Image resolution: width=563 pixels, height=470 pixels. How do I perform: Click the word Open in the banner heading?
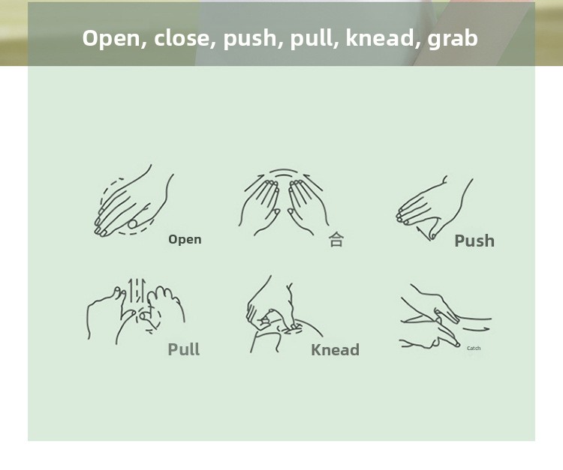tap(111, 38)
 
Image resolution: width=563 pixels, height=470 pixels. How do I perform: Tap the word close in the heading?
tap(182, 37)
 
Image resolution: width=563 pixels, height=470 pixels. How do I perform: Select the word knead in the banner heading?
tap(379, 37)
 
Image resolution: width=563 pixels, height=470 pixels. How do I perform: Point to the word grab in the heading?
tap(453, 38)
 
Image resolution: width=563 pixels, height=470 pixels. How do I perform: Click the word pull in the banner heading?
tap(311, 38)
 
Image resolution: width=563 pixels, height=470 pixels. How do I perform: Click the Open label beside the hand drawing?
tap(185, 239)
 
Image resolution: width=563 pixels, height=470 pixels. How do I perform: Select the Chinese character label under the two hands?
tap(336, 239)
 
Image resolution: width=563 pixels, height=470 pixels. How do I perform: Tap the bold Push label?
tap(474, 241)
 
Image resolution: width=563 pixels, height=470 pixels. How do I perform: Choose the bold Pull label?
tap(183, 349)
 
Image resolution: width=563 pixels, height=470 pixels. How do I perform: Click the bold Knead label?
tap(335, 349)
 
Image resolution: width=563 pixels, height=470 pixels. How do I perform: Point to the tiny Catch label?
tap(474, 348)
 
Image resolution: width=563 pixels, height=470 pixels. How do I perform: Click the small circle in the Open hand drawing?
tap(133, 224)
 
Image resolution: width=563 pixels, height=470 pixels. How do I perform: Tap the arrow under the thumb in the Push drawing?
tap(423, 233)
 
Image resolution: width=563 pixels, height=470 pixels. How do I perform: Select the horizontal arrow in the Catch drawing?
tap(476, 329)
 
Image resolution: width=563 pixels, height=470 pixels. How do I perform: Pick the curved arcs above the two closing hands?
tap(284, 173)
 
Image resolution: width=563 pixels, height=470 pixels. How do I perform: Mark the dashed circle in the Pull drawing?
tap(147, 318)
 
